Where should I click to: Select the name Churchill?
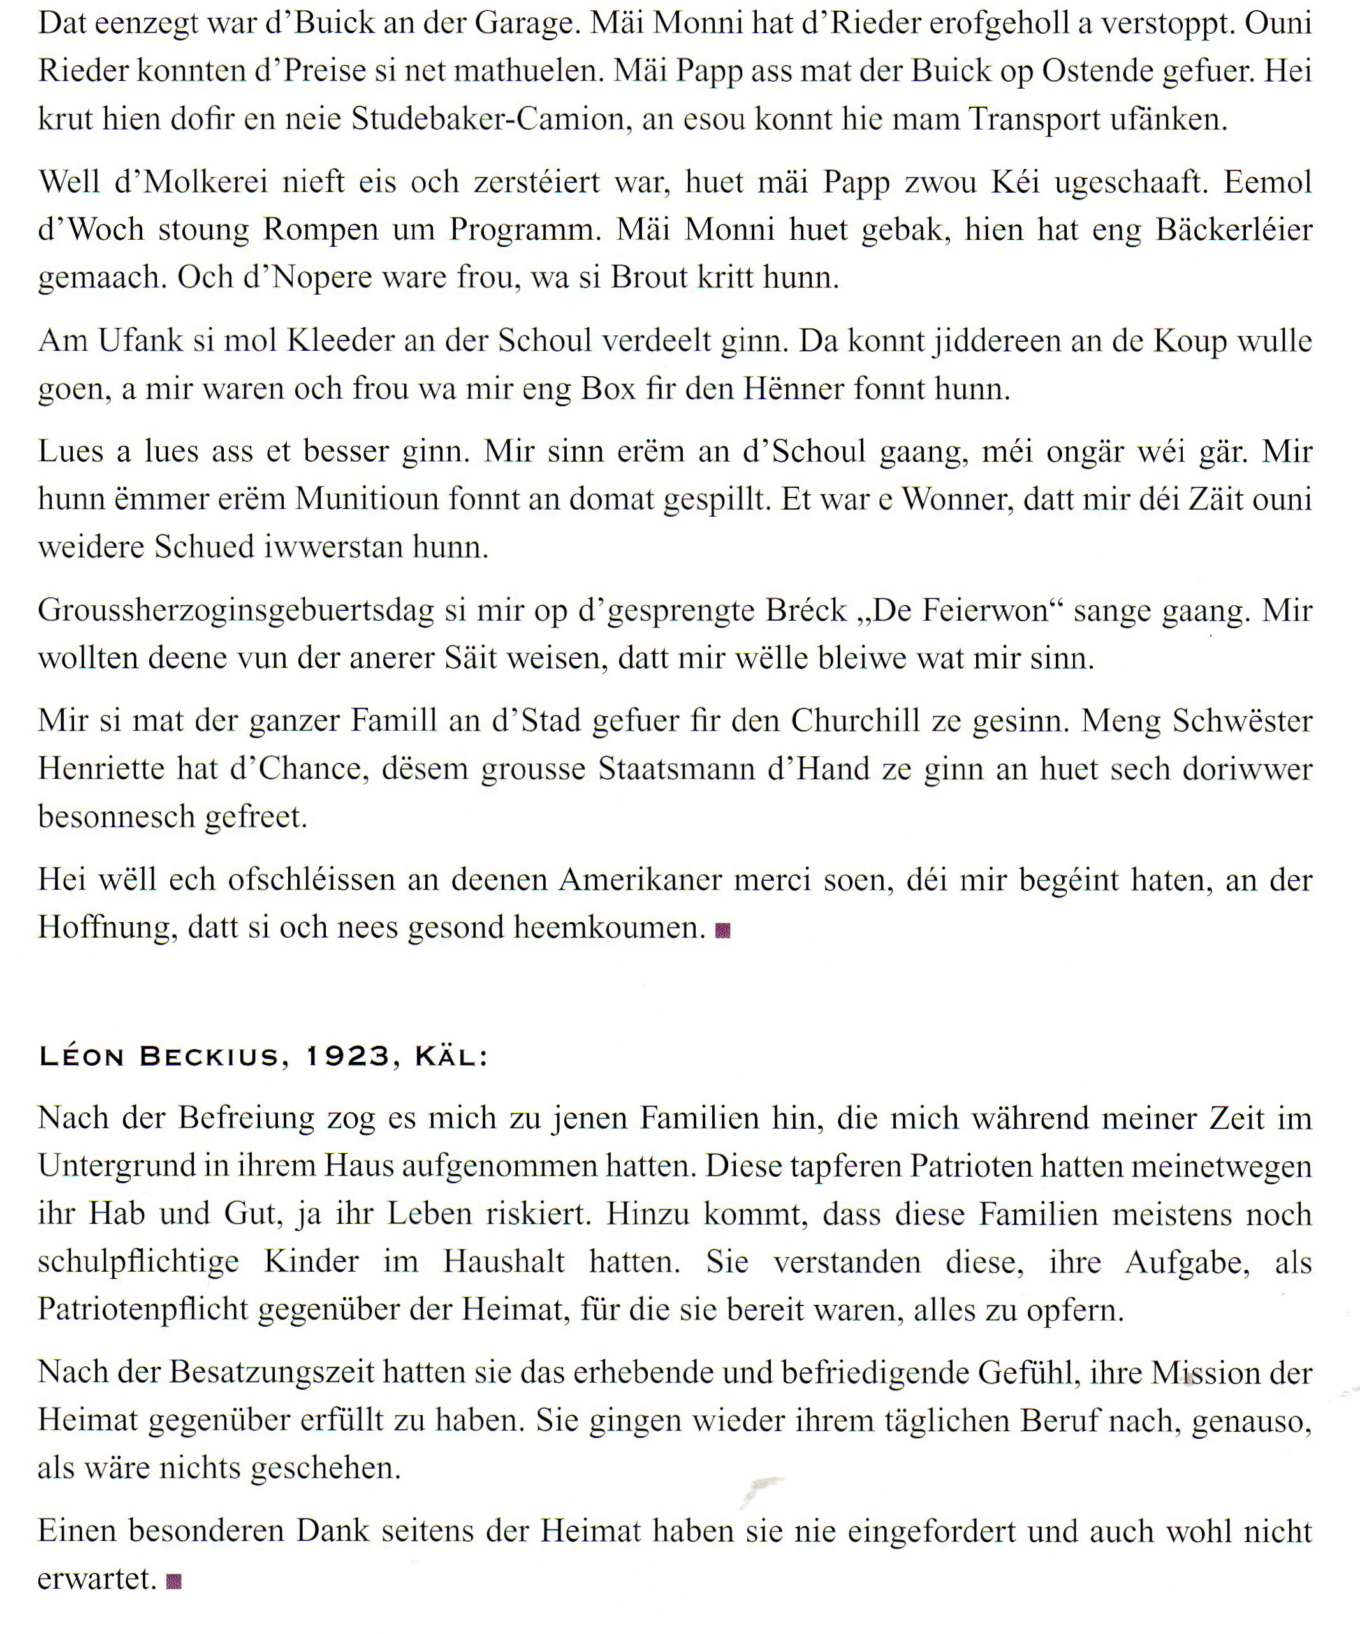pos(855,721)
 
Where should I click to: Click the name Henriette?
pos(101,769)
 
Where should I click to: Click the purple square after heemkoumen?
pos(723,931)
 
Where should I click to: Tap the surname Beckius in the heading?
pos(208,1057)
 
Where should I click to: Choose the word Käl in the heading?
pos(449,1057)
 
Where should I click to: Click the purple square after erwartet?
pos(174,1581)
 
